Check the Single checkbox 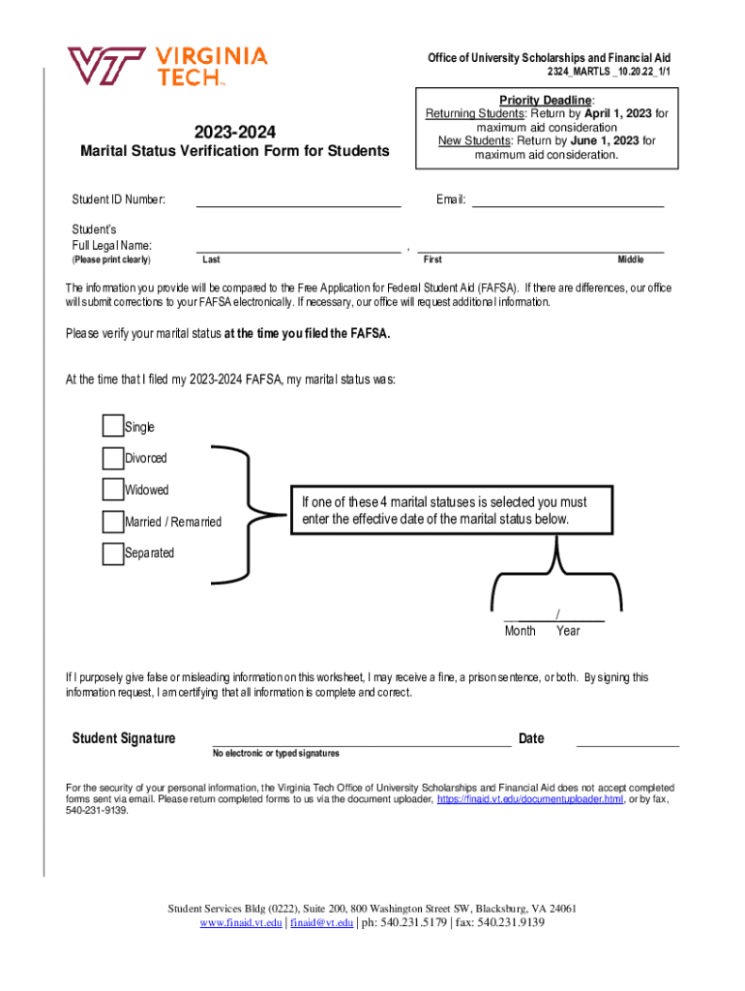point(112,427)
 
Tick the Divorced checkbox point(112,458)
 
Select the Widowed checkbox point(112,490)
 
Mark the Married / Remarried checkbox point(112,522)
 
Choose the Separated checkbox point(112,554)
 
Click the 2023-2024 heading point(235,131)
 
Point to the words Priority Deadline point(547,101)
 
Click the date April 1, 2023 point(624,113)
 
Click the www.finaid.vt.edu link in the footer point(241,923)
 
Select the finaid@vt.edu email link point(322,923)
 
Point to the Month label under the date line point(520,631)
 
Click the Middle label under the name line point(631,259)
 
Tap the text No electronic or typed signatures point(276,753)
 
